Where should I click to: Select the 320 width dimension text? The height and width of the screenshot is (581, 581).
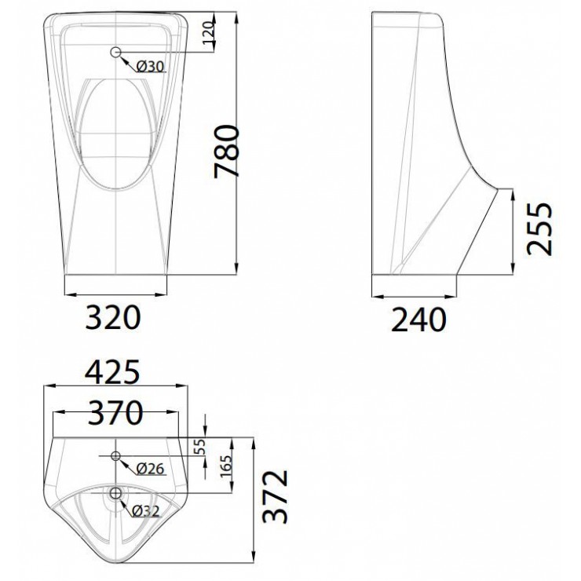(113, 318)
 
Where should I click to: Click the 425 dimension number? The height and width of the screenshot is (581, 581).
(112, 371)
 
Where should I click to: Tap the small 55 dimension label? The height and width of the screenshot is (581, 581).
(200, 447)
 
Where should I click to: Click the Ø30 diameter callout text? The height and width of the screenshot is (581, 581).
(149, 68)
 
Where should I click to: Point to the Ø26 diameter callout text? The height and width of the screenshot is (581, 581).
(149, 469)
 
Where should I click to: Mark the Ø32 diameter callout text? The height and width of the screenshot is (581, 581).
(148, 510)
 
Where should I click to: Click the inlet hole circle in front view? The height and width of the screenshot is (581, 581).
(116, 53)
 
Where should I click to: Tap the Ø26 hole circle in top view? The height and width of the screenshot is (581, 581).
(116, 455)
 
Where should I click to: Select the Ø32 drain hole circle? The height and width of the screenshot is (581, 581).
(116, 493)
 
